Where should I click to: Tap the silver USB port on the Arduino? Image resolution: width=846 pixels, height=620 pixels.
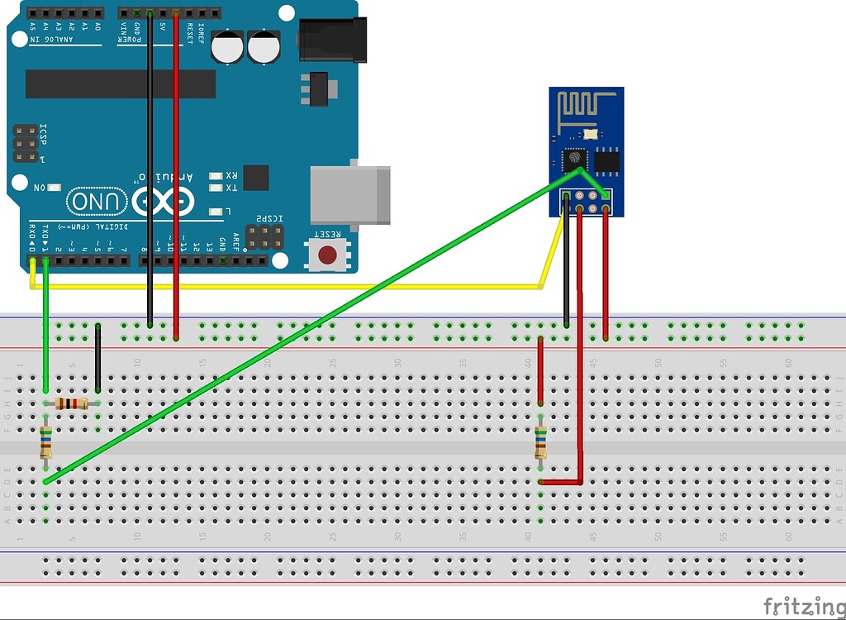(349, 195)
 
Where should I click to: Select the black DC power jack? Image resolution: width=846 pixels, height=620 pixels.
(331, 41)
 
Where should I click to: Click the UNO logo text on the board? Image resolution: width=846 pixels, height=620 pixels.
(97, 201)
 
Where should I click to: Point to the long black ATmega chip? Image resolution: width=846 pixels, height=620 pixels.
(121, 83)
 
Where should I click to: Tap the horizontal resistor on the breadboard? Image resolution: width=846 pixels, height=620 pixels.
(71, 403)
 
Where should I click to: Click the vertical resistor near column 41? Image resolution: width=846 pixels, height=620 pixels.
(540, 441)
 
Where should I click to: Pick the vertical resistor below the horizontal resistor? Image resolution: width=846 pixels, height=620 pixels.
(45, 441)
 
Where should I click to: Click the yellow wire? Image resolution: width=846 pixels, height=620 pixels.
(289, 287)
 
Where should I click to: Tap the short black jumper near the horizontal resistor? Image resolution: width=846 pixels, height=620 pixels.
(97, 357)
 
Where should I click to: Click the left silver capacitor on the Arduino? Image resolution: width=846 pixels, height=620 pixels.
(227, 47)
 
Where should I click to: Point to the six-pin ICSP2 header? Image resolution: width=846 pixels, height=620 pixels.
(263, 236)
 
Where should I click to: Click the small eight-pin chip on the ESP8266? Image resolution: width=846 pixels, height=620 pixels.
(606, 160)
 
